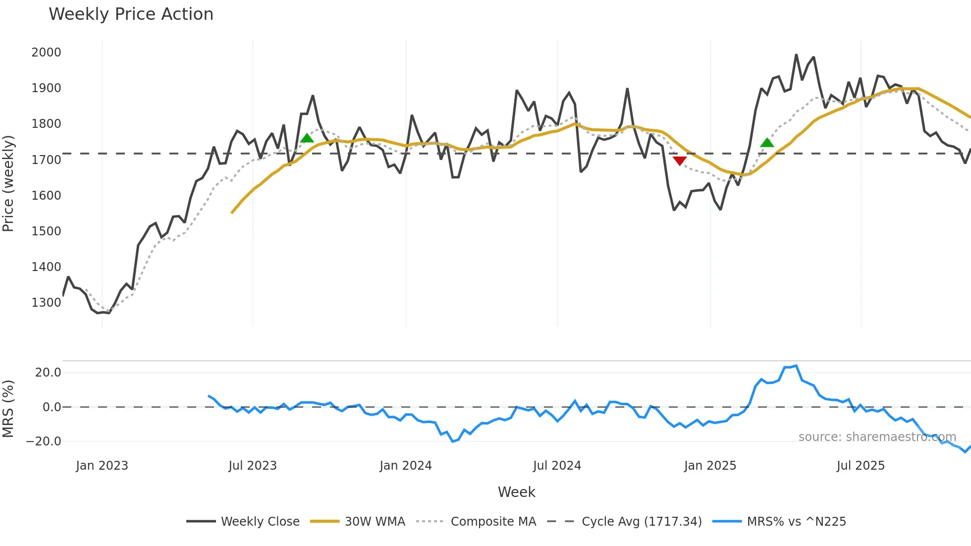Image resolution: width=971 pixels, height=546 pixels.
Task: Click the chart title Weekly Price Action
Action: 131,14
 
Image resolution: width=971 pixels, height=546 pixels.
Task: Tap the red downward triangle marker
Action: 680,161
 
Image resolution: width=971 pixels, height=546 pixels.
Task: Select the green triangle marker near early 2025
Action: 767,143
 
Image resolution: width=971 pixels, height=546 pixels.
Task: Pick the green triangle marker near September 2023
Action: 307,138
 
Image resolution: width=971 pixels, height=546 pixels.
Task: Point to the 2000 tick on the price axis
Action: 46,53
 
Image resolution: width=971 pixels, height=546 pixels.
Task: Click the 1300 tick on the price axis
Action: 46,303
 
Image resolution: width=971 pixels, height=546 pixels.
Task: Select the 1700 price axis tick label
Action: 46,160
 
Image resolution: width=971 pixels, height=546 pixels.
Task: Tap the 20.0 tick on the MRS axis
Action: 48,373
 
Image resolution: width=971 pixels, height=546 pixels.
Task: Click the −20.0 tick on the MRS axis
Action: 44,441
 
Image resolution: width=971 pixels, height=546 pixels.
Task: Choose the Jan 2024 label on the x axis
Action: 406,466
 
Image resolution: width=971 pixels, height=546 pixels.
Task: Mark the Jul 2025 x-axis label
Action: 861,466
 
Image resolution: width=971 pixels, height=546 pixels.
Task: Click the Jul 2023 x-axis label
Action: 253,466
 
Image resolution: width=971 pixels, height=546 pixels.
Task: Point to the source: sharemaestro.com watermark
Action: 877,437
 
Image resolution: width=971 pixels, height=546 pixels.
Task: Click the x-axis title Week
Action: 516,492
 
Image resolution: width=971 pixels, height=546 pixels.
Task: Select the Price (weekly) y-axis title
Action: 8,183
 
